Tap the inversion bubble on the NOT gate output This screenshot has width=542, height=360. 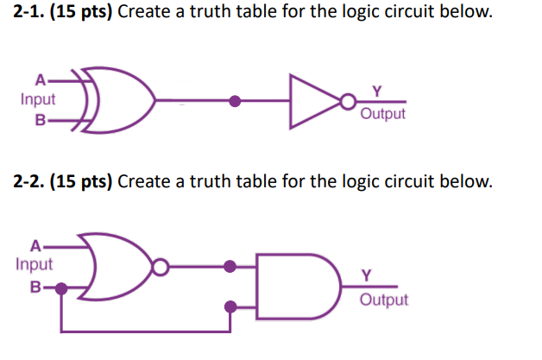346,102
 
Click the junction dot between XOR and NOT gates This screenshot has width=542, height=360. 235,101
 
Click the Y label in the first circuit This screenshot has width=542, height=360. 375,89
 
